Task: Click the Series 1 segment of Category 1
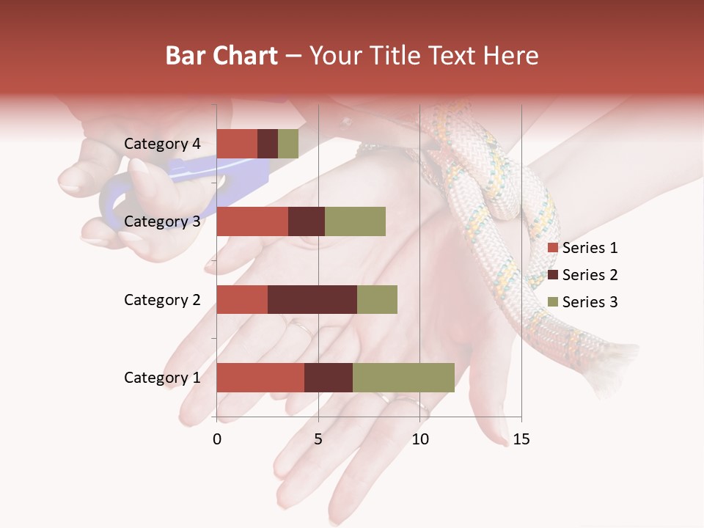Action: point(260,378)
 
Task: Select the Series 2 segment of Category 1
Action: point(329,378)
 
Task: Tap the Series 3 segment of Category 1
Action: point(403,378)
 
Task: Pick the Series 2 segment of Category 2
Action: point(312,299)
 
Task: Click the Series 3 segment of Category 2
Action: point(377,299)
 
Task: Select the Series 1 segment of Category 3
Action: point(252,221)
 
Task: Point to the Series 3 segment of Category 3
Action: point(355,221)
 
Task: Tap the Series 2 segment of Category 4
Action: point(268,144)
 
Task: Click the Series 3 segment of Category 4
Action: point(288,144)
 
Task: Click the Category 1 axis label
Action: point(162,378)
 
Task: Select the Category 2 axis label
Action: point(162,299)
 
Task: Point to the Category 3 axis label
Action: point(162,221)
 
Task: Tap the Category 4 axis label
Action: point(162,144)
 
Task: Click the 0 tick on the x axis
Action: point(217,439)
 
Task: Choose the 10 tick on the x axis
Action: point(419,439)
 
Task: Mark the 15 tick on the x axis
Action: point(521,439)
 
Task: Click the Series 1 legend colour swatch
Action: point(552,248)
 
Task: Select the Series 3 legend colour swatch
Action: point(552,302)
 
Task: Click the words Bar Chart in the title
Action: point(221,56)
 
